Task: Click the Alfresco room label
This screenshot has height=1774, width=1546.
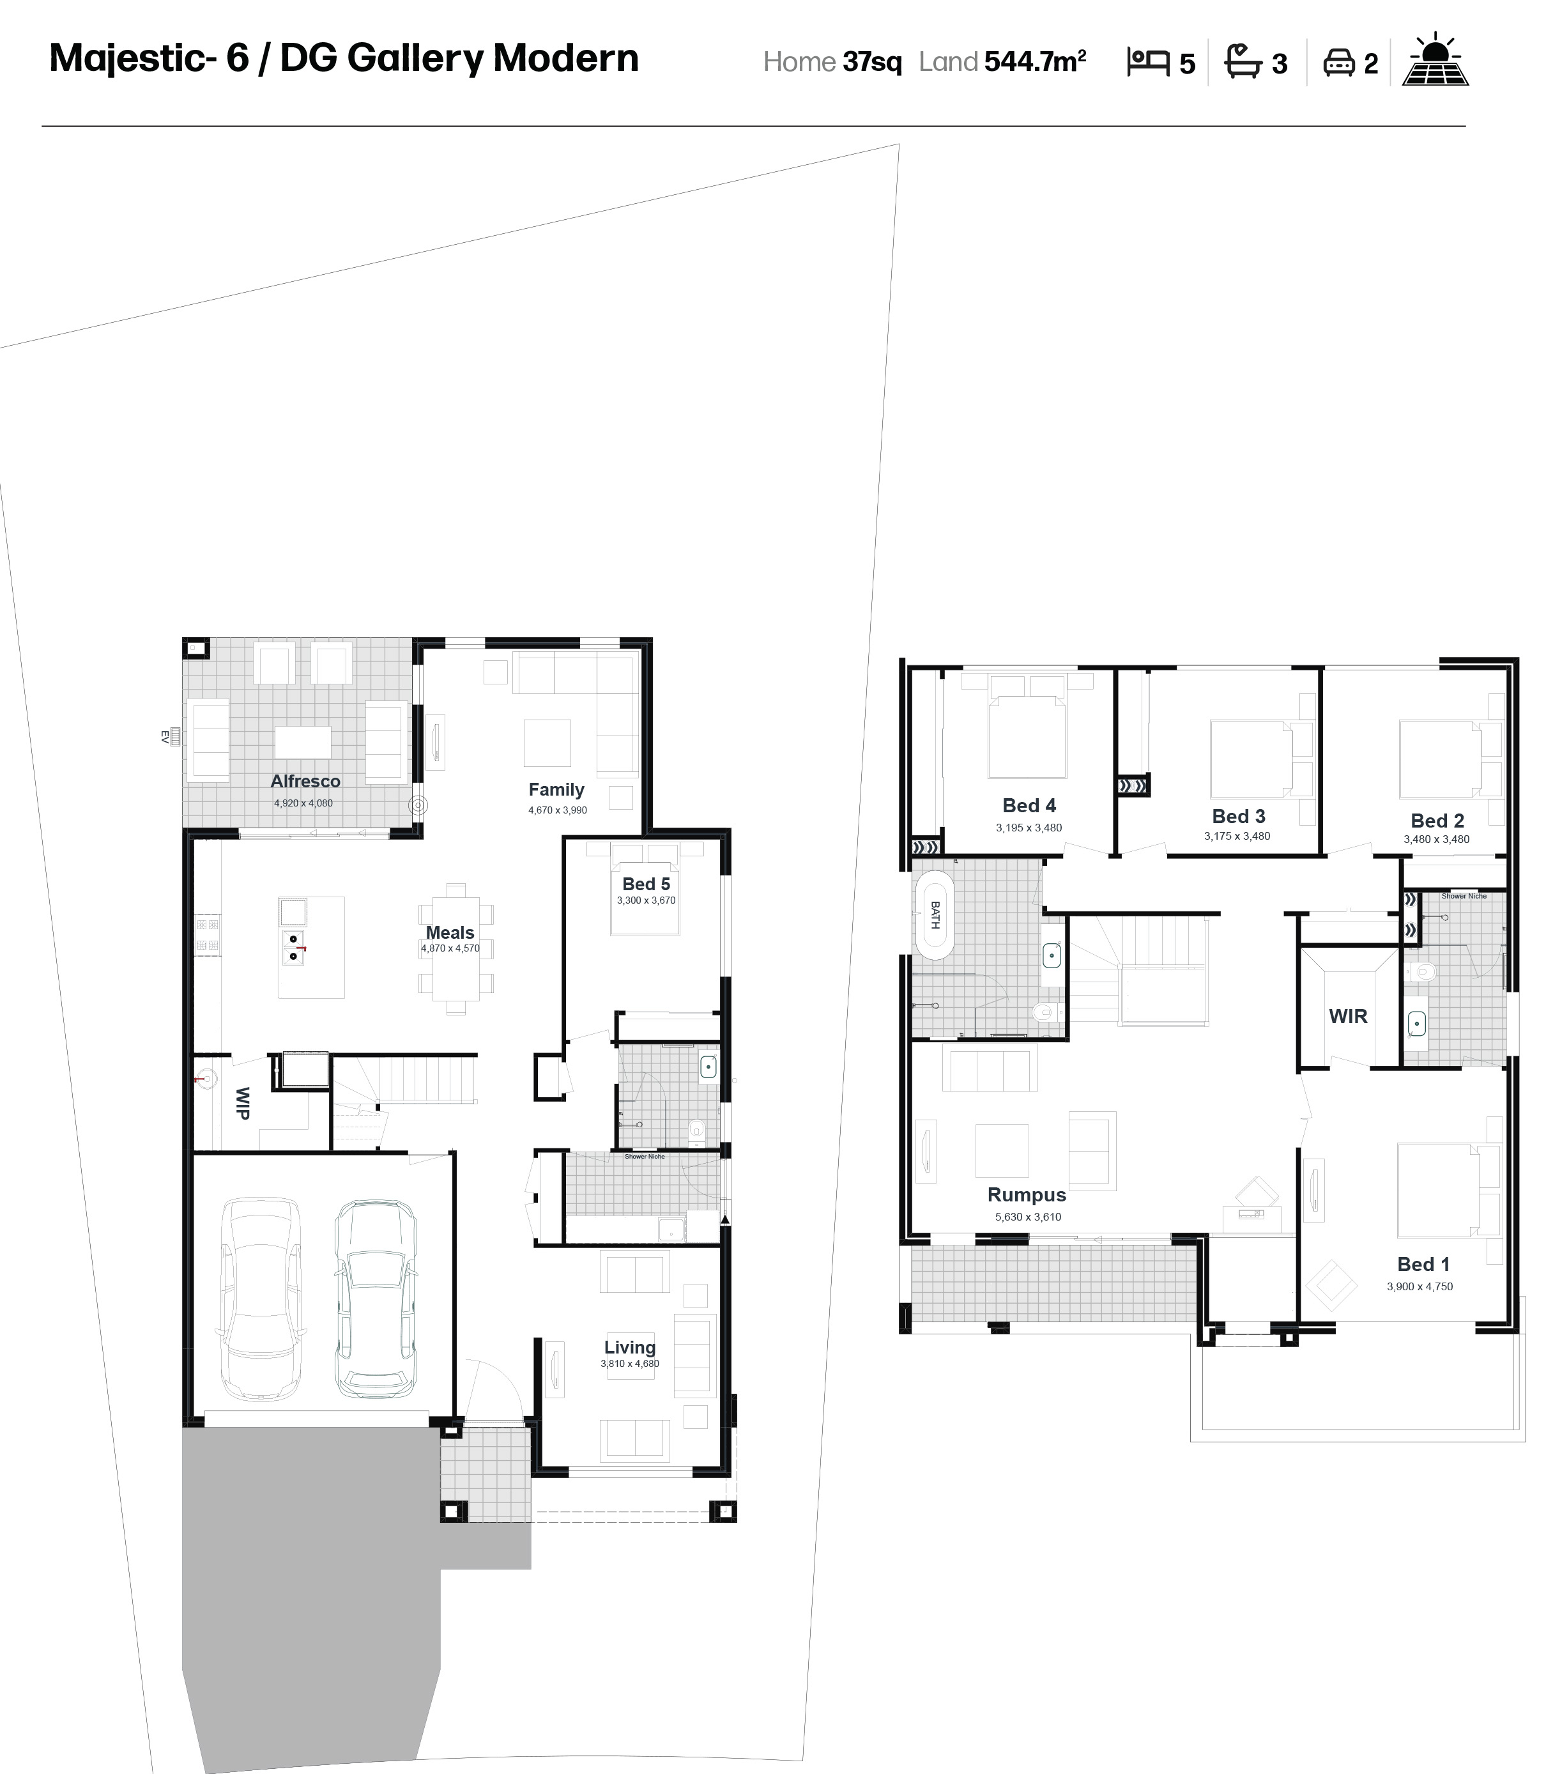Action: (x=305, y=781)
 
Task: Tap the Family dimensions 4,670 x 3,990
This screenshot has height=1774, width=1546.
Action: (x=557, y=810)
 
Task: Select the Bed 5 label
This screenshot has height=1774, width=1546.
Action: (x=646, y=884)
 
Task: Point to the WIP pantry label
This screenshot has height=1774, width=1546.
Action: (x=243, y=1104)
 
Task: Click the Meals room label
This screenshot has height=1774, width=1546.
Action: (x=450, y=933)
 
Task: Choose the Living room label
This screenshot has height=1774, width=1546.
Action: (x=630, y=1347)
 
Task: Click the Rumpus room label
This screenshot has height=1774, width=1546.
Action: (x=1027, y=1195)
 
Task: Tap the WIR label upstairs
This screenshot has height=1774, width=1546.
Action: (x=1349, y=1017)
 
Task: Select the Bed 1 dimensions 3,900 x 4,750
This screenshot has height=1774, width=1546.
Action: (x=1420, y=1286)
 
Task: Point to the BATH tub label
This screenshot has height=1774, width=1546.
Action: (x=935, y=916)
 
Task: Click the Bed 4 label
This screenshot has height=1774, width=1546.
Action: (x=1029, y=805)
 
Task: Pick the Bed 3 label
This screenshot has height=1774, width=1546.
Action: (x=1239, y=816)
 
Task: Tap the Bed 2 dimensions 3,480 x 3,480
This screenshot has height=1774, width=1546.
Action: (x=1436, y=838)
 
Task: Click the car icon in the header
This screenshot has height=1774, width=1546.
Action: (x=1339, y=62)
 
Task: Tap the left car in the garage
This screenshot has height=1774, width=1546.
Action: (x=261, y=1299)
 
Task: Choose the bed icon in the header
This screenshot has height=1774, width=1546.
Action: (x=1148, y=62)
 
